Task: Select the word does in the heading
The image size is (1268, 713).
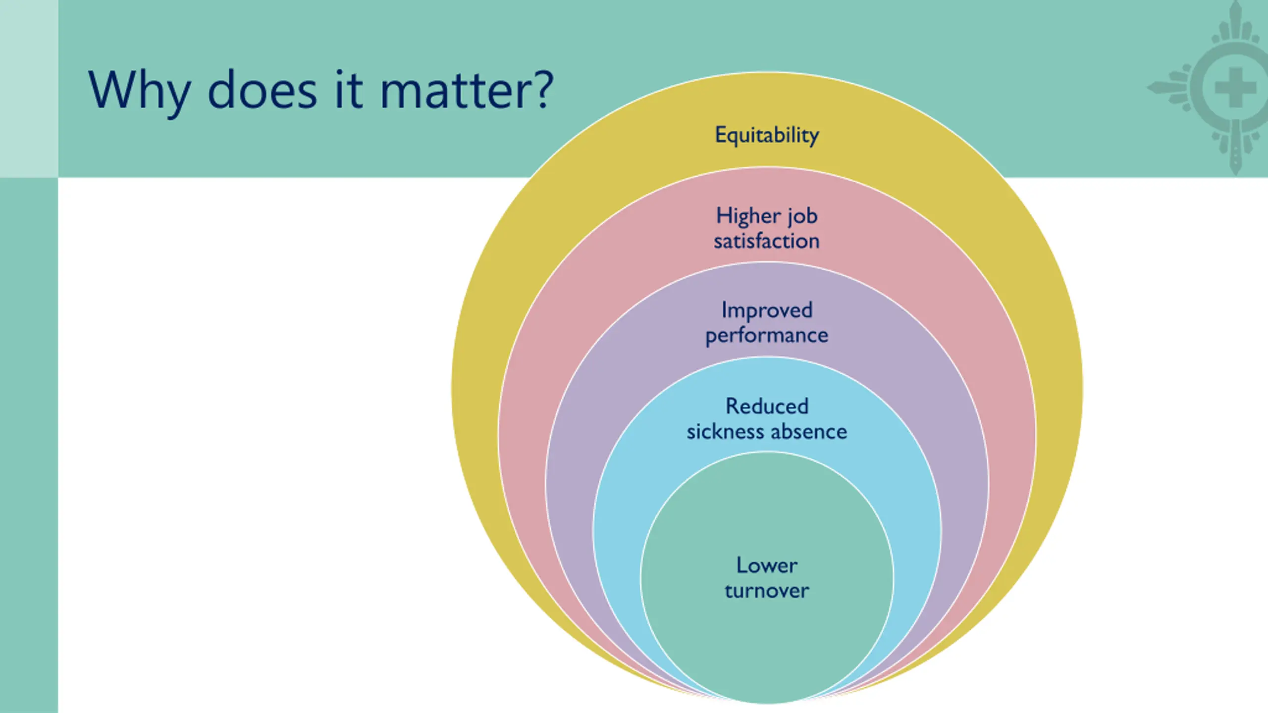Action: [x=262, y=91]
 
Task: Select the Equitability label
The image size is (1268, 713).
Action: [x=767, y=135]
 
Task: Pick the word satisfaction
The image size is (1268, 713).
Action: [x=767, y=241]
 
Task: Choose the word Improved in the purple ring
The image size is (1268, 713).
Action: [x=767, y=310]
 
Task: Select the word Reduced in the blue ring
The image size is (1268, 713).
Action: [x=767, y=406]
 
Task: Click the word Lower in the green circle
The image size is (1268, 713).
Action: [x=767, y=565]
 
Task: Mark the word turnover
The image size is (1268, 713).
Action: [x=767, y=591]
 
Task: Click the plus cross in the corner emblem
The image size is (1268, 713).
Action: [x=1235, y=88]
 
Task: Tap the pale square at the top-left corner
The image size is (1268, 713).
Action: [x=29, y=88]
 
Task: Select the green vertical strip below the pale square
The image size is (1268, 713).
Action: [x=29, y=446]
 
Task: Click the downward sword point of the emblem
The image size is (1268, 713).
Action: [x=1235, y=166]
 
